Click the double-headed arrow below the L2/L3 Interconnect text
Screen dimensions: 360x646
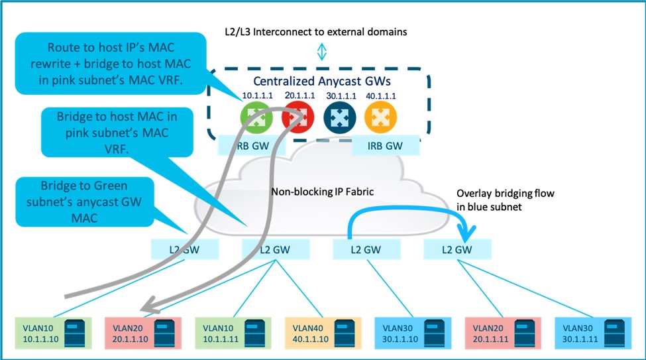tap(321, 52)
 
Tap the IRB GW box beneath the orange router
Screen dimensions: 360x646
tap(385, 146)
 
